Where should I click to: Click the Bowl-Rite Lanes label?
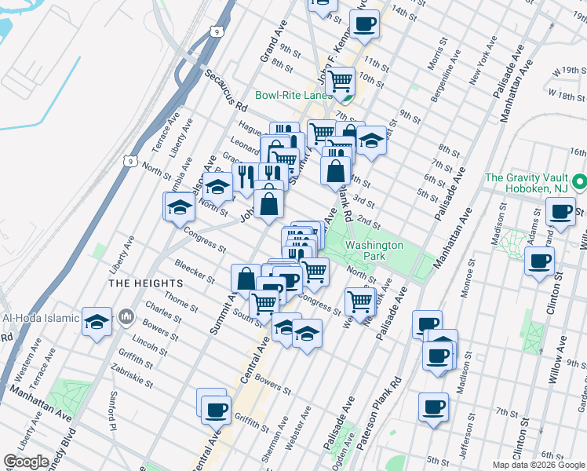(294, 96)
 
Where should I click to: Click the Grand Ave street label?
(276, 48)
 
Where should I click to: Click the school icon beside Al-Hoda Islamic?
(97, 320)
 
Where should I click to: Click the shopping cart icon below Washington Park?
(359, 299)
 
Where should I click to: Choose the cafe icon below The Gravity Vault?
(562, 212)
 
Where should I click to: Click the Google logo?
(27, 462)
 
